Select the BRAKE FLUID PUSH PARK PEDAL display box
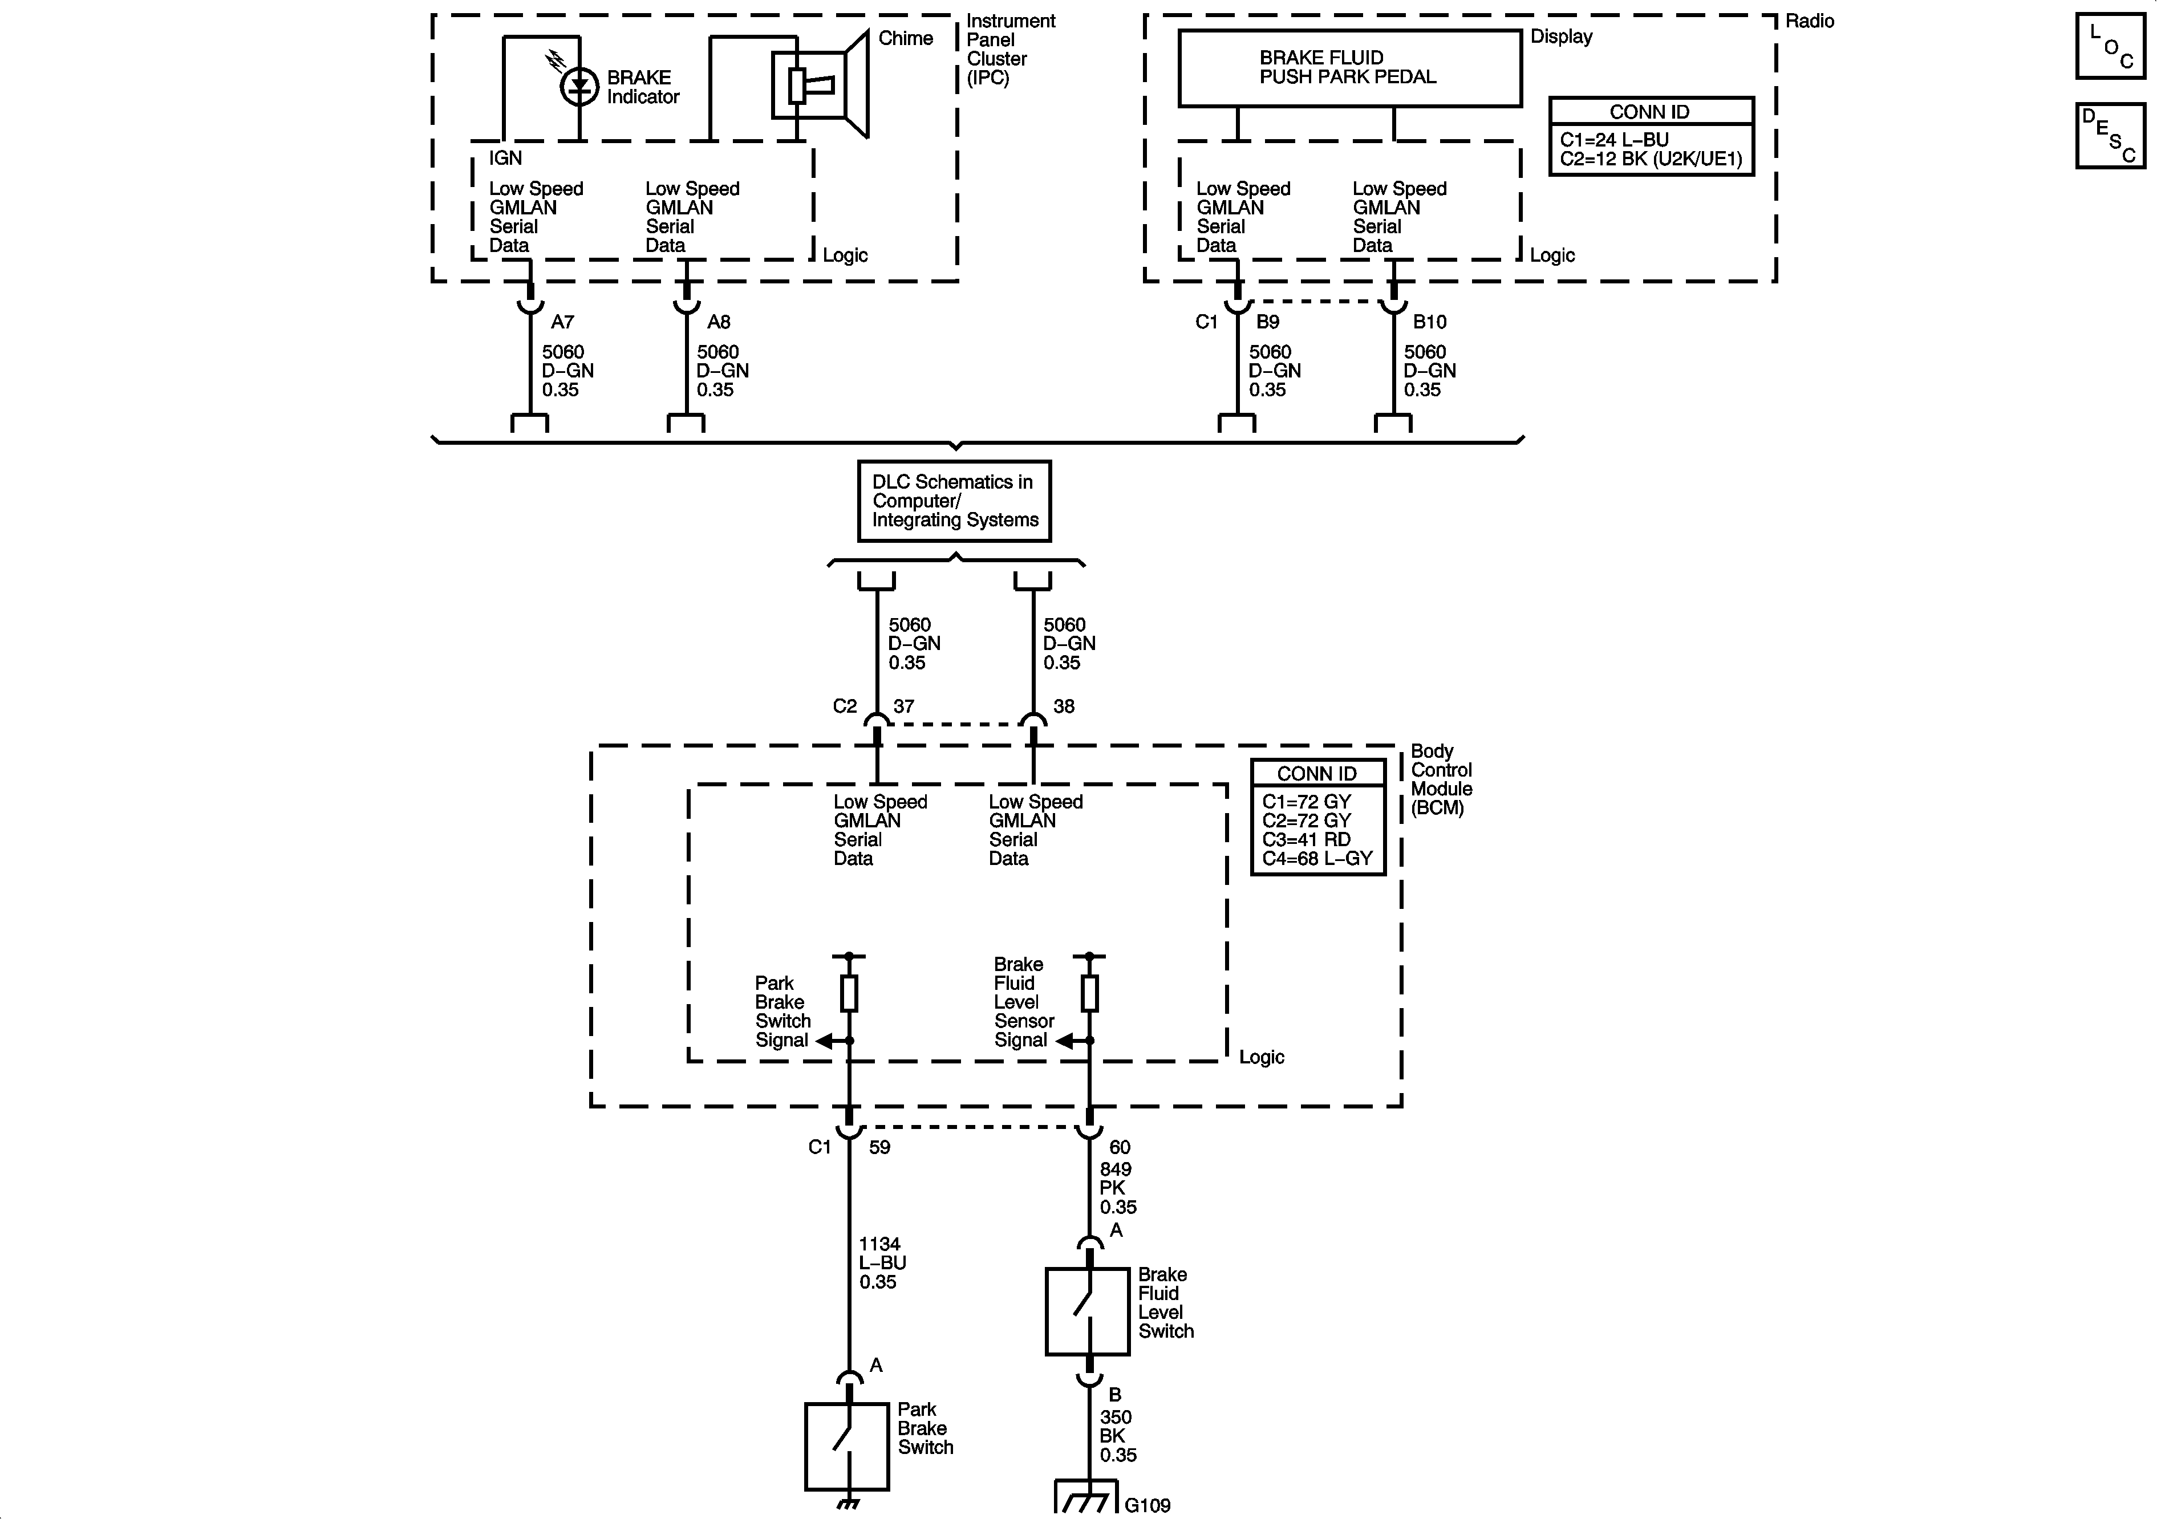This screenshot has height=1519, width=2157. pos(1349,68)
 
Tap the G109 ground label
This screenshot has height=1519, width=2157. pos(1147,1505)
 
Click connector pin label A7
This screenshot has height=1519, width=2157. pos(562,322)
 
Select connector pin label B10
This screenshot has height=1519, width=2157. pos(1429,322)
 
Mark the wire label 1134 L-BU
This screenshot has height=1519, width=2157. pos(881,1262)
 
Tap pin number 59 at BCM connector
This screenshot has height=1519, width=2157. pos(879,1147)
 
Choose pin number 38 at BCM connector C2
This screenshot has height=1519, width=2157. pos(1064,706)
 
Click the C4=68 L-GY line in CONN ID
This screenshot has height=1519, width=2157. pos(1317,859)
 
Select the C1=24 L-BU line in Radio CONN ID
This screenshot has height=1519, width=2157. pos(1614,140)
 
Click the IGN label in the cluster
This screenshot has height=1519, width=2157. pos(505,159)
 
